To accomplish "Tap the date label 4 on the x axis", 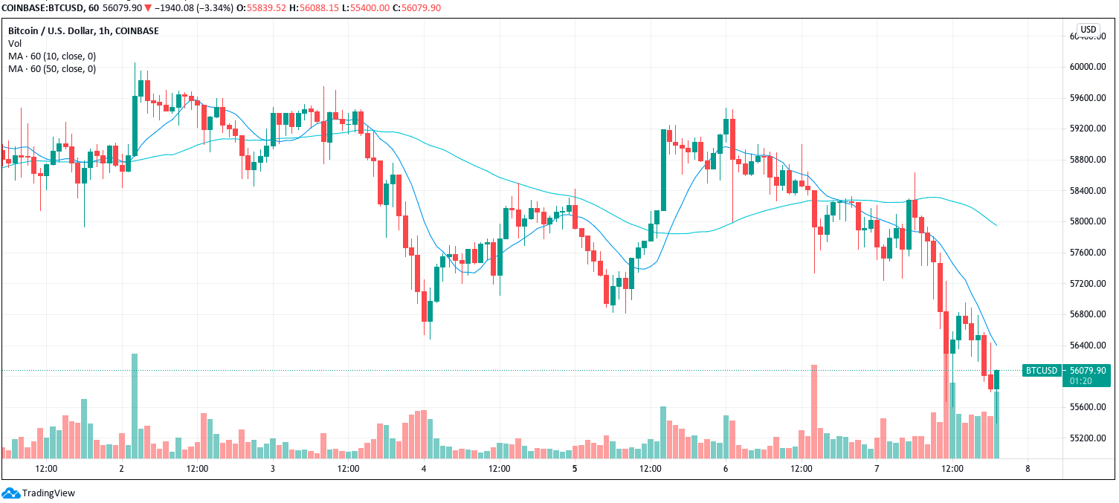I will point(424,469).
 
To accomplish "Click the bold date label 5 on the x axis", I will point(575,469).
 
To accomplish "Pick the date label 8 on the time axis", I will point(1027,469).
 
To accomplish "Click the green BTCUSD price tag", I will point(1040,370).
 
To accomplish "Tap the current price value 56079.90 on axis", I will point(1087,370).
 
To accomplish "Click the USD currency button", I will point(1089,30).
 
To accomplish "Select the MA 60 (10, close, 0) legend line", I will point(52,56).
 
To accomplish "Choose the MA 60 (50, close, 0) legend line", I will point(52,68).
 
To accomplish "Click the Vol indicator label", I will point(15,43).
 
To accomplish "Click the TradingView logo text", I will point(48,493).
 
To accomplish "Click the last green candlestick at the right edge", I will point(997,379).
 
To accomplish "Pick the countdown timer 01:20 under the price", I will point(1081,381).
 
